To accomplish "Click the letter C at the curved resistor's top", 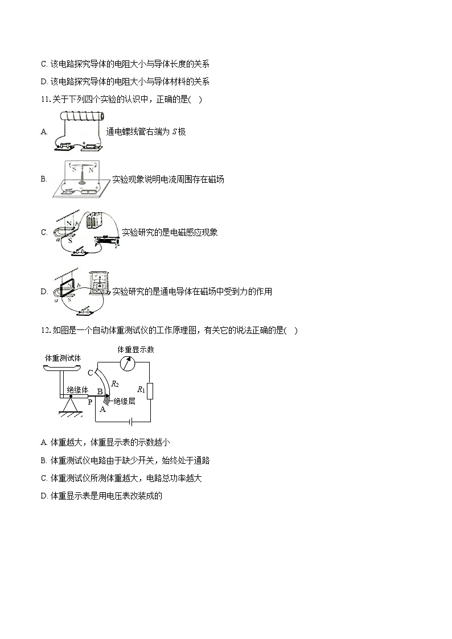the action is point(90,373).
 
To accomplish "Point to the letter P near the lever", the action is point(89,402).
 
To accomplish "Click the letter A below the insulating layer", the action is point(103,409).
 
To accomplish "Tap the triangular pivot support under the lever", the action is point(71,405).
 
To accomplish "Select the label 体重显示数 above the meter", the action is point(135,349).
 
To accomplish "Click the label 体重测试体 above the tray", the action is point(63,358).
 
